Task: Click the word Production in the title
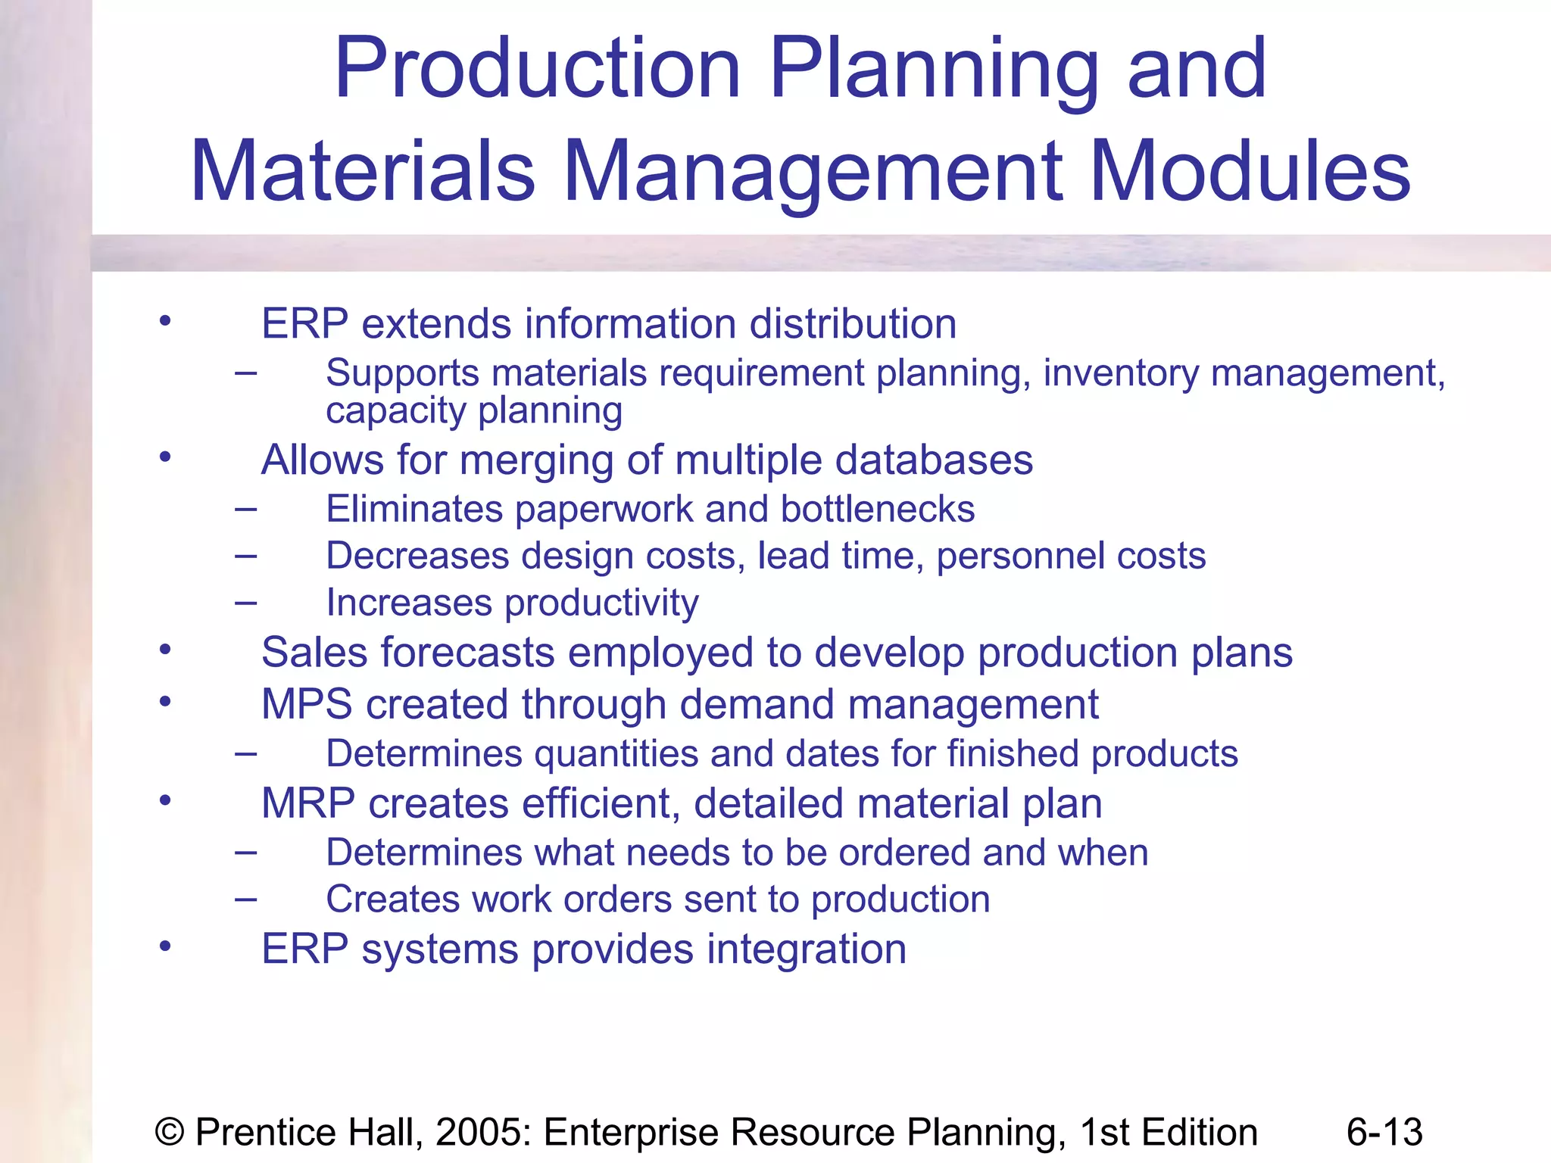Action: click(x=537, y=70)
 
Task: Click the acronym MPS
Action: click(x=307, y=704)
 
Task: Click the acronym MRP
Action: click(x=307, y=803)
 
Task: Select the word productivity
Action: click(x=601, y=604)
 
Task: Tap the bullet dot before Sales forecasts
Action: click(x=165, y=650)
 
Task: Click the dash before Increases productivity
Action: click(x=245, y=603)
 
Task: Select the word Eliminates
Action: click(x=414, y=509)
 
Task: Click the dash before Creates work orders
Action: click(x=245, y=900)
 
